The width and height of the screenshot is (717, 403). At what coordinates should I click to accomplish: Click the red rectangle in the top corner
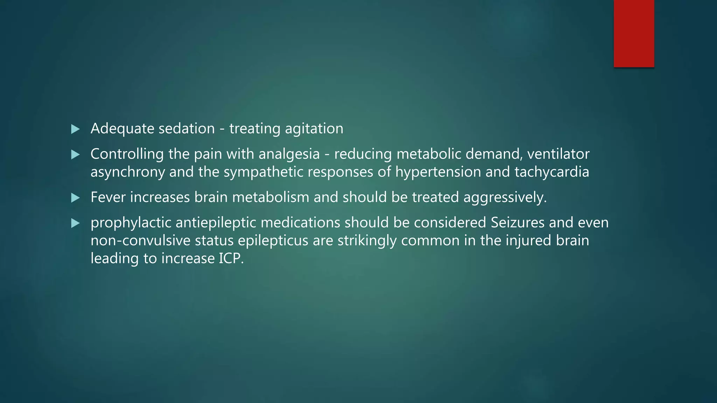point(634,33)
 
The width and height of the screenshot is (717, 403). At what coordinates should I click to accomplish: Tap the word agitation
point(314,129)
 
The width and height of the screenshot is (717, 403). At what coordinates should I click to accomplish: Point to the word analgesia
point(289,154)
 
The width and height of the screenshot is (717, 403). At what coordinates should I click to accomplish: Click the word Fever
point(108,198)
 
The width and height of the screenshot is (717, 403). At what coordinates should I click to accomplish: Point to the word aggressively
point(505,198)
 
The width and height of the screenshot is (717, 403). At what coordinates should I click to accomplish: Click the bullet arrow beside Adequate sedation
point(75,129)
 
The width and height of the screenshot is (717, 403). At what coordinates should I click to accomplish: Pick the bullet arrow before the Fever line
point(75,198)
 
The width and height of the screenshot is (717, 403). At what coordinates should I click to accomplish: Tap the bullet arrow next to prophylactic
point(75,223)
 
